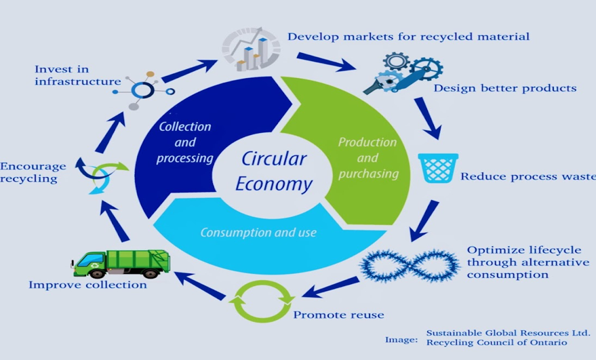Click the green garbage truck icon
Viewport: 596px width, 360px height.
121,262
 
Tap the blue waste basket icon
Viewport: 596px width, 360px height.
437,167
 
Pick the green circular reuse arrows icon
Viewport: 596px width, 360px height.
263,300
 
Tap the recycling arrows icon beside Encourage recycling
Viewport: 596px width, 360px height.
100,174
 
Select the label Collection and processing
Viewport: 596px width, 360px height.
184,142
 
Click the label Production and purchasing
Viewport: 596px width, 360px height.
367,158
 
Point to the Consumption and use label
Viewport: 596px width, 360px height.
258,233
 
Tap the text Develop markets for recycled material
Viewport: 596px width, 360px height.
408,36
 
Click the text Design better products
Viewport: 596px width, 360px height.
505,88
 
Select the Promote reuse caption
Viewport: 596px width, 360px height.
338,315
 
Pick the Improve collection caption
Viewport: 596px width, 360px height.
87,285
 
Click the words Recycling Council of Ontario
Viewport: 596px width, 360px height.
496,342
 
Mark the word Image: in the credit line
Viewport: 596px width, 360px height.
401,338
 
